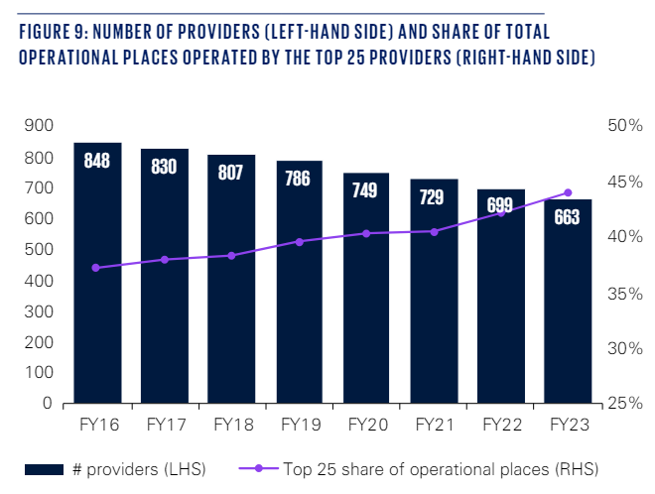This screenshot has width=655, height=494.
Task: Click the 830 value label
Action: coord(164,167)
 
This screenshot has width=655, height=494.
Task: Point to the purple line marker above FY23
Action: coord(568,192)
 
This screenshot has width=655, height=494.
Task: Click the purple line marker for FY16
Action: coord(96,268)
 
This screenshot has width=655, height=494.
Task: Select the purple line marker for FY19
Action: coord(299,241)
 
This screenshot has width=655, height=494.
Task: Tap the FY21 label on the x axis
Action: coord(434,426)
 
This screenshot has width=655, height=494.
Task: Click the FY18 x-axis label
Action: coord(231,426)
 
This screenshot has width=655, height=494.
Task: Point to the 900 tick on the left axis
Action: coord(37,126)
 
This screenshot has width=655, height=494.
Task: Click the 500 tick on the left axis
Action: coord(37,250)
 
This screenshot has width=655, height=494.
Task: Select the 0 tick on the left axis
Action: coord(46,405)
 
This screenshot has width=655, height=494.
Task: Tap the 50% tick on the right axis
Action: coord(622,126)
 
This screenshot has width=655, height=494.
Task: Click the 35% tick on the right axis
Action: coord(622,294)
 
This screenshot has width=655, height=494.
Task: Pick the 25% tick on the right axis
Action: coord(622,405)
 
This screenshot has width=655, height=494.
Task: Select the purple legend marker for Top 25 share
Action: coord(259,467)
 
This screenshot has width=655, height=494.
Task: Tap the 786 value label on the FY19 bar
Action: coord(299,179)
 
